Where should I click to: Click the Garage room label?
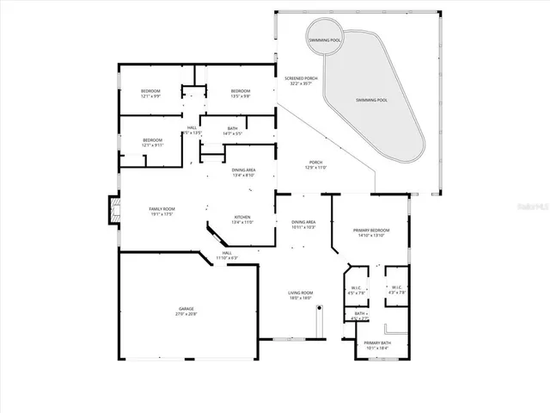pyautogui.click(x=187, y=311)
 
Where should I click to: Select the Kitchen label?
pyautogui.click(x=242, y=219)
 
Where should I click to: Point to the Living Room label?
pyautogui.click(x=299, y=295)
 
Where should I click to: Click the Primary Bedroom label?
pyautogui.click(x=372, y=232)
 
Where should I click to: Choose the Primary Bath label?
pyautogui.click(x=377, y=345)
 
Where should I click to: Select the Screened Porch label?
pyautogui.click(x=300, y=81)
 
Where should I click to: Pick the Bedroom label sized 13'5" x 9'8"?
pyautogui.click(x=240, y=94)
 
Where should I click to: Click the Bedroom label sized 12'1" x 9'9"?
pyautogui.click(x=152, y=94)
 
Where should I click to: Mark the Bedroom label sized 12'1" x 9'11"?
pyautogui.click(x=152, y=143)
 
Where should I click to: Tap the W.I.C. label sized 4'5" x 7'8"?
pyautogui.click(x=357, y=290)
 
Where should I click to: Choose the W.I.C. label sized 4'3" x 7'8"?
pyautogui.click(x=396, y=290)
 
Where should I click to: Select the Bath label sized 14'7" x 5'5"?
pyautogui.click(x=232, y=131)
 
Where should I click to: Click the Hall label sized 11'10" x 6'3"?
pyautogui.click(x=227, y=256)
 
